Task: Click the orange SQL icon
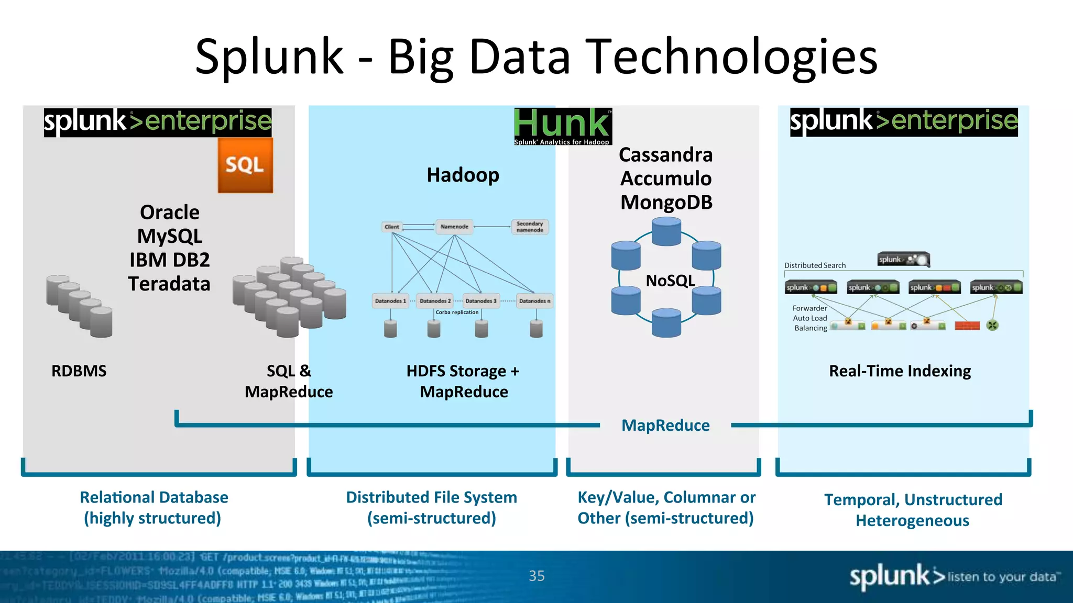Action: (x=245, y=165)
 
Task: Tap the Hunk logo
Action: (x=563, y=126)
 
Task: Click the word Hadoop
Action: (x=463, y=175)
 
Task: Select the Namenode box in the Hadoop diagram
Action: (x=454, y=227)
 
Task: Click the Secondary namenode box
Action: (x=530, y=227)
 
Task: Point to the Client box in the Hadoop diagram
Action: (x=391, y=227)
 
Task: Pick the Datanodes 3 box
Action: (x=480, y=301)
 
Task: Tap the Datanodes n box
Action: (x=534, y=301)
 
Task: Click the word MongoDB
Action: (x=666, y=203)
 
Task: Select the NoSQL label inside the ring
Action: (x=670, y=281)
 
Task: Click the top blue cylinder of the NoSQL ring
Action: (x=666, y=232)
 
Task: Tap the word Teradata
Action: (x=169, y=284)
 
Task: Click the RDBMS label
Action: (x=79, y=371)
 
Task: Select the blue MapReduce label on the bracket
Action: (x=665, y=426)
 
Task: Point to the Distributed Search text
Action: (x=815, y=265)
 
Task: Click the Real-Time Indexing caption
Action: (x=900, y=371)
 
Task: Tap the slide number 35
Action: (x=536, y=576)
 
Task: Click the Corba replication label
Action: (x=457, y=312)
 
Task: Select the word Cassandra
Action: (x=665, y=155)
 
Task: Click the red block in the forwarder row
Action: (x=967, y=326)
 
